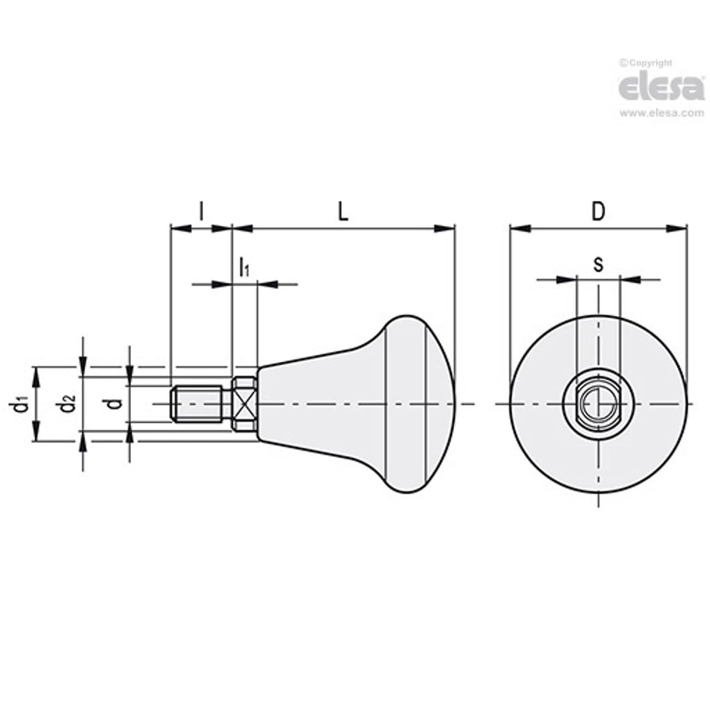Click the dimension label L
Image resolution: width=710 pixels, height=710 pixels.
343,212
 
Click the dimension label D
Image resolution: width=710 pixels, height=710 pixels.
597,212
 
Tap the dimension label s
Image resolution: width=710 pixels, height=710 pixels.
598,265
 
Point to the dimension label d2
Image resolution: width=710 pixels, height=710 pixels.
69,404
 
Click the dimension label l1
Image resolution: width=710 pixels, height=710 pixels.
244,268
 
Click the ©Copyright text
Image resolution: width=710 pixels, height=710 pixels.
646,63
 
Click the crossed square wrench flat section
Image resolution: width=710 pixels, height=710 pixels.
244,404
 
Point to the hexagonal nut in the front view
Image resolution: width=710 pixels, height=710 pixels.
597,404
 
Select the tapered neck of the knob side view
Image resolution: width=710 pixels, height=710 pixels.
316,404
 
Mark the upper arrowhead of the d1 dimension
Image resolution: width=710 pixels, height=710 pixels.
37,375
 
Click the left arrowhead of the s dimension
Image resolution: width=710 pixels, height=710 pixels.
568,280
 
